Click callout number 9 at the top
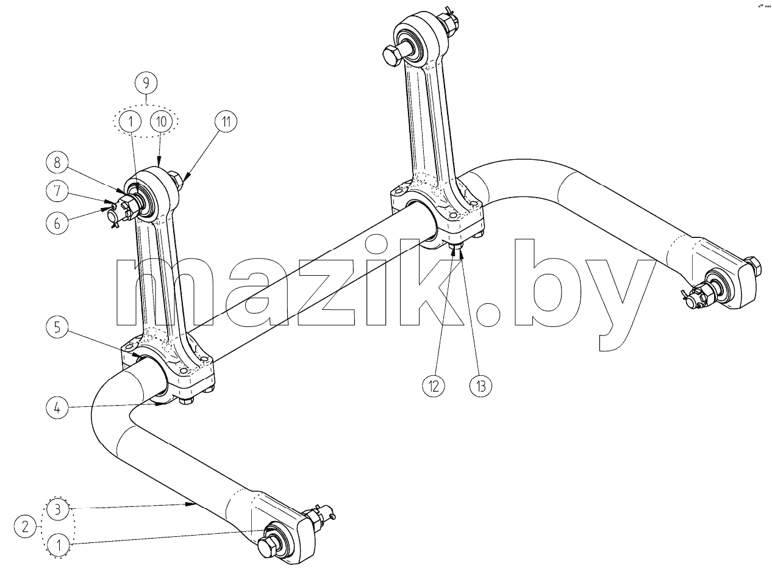[x=146, y=83]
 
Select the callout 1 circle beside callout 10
[x=130, y=121]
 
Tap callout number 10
[x=161, y=121]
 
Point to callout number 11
[x=226, y=121]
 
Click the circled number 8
[x=57, y=163]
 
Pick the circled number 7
[x=57, y=191]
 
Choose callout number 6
[x=57, y=223]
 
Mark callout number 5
[x=57, y=328]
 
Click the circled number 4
[x=57, y=408]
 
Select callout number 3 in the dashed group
[x=58, y=509]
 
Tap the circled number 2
[x=26, y=527]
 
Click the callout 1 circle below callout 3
[x=59, y=545]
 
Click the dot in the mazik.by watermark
[x=488, y=315]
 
